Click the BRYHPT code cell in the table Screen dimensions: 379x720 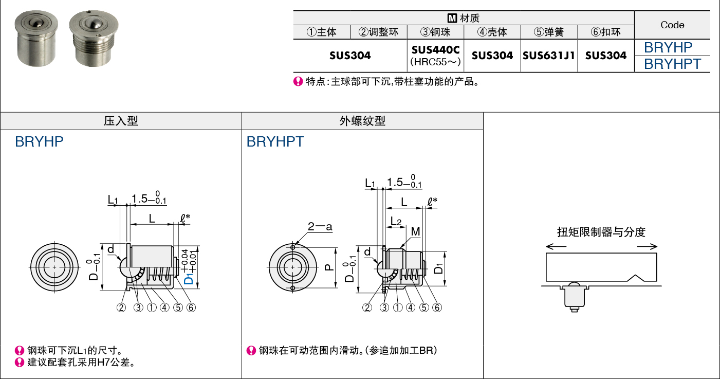pos(672,64)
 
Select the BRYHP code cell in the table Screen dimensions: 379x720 pos(668,47)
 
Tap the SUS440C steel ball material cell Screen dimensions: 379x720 pos(435,56)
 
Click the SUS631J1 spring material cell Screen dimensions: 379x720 pos(548,56)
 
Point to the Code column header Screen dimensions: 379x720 pos(672,25)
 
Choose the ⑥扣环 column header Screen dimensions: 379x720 pos(605,32)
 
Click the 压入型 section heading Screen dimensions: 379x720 pos(121,121)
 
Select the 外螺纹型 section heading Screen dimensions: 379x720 pos(362,121)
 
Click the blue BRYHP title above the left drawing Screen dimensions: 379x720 pos(40,142)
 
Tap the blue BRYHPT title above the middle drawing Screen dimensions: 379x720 pos(275,142)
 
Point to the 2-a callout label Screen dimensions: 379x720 pos(320,226)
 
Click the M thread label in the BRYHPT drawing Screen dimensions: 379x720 pos(415,232)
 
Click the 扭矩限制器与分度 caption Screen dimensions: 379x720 pos(601,232)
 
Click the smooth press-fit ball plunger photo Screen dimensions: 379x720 pos(36,39)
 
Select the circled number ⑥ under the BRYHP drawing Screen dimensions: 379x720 pos(191,308)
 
